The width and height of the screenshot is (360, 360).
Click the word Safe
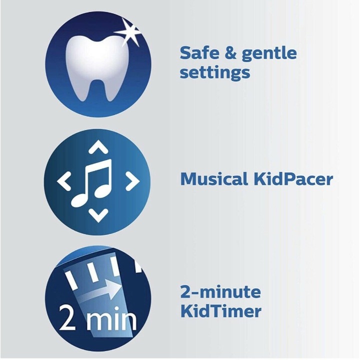tap(199, 53)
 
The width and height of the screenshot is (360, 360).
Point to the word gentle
tap(269, 54)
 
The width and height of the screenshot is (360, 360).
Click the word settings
tap(215, 73)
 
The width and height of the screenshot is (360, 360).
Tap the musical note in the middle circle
tap(92, 182)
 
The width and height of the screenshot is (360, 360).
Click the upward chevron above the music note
tap(98, 146)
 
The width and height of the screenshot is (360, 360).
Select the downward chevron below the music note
tap(98, 215)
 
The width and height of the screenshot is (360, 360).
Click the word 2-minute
tap(220, 292)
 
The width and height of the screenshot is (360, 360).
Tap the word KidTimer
tap(221, 311)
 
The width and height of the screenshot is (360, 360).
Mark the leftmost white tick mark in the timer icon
tap(72, 280)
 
